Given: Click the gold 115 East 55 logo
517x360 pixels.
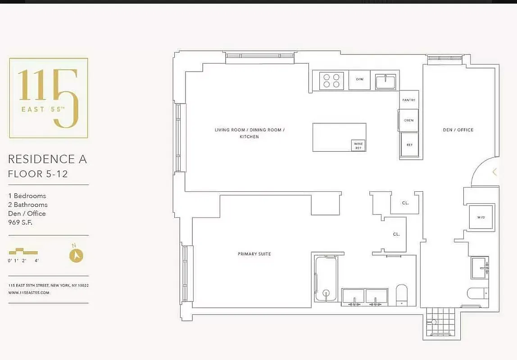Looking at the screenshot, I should pyautogui.click(x=49, y=98).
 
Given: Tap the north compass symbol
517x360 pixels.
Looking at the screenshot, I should pyautogui.click(x=76, y=255).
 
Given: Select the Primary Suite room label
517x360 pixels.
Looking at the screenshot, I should pyautogui.click(x=254, y=254).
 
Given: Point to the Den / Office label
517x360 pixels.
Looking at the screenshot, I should pyautogui.click(x=458, y=130).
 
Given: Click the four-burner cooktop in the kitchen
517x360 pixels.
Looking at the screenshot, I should pyautogui.click(x=332, y=81).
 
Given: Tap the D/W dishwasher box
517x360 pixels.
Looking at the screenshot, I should pyautogui.click(x=359, y=80).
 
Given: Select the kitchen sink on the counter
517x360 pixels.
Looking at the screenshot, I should pyautogui.click(x=385, y=81).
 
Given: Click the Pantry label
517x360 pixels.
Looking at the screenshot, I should pyautogui.click(x=409, y=100).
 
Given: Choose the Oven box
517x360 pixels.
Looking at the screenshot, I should pyautogui.click(x=409, y=120).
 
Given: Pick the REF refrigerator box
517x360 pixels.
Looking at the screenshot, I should pyautogui.click(x=409, y=145).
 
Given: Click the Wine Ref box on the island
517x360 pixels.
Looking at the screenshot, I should pyautogui.click(x=358, y=146).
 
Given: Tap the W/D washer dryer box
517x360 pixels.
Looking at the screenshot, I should pyautogui.click(x=481, y=217).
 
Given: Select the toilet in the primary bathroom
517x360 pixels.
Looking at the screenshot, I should pyautogui.click(x=401, y=295).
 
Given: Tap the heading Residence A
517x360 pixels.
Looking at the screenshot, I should pyautogui.click(x=48, y=159).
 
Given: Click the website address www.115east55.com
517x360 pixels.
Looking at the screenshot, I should pyautogui.click(x=29, y=292).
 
